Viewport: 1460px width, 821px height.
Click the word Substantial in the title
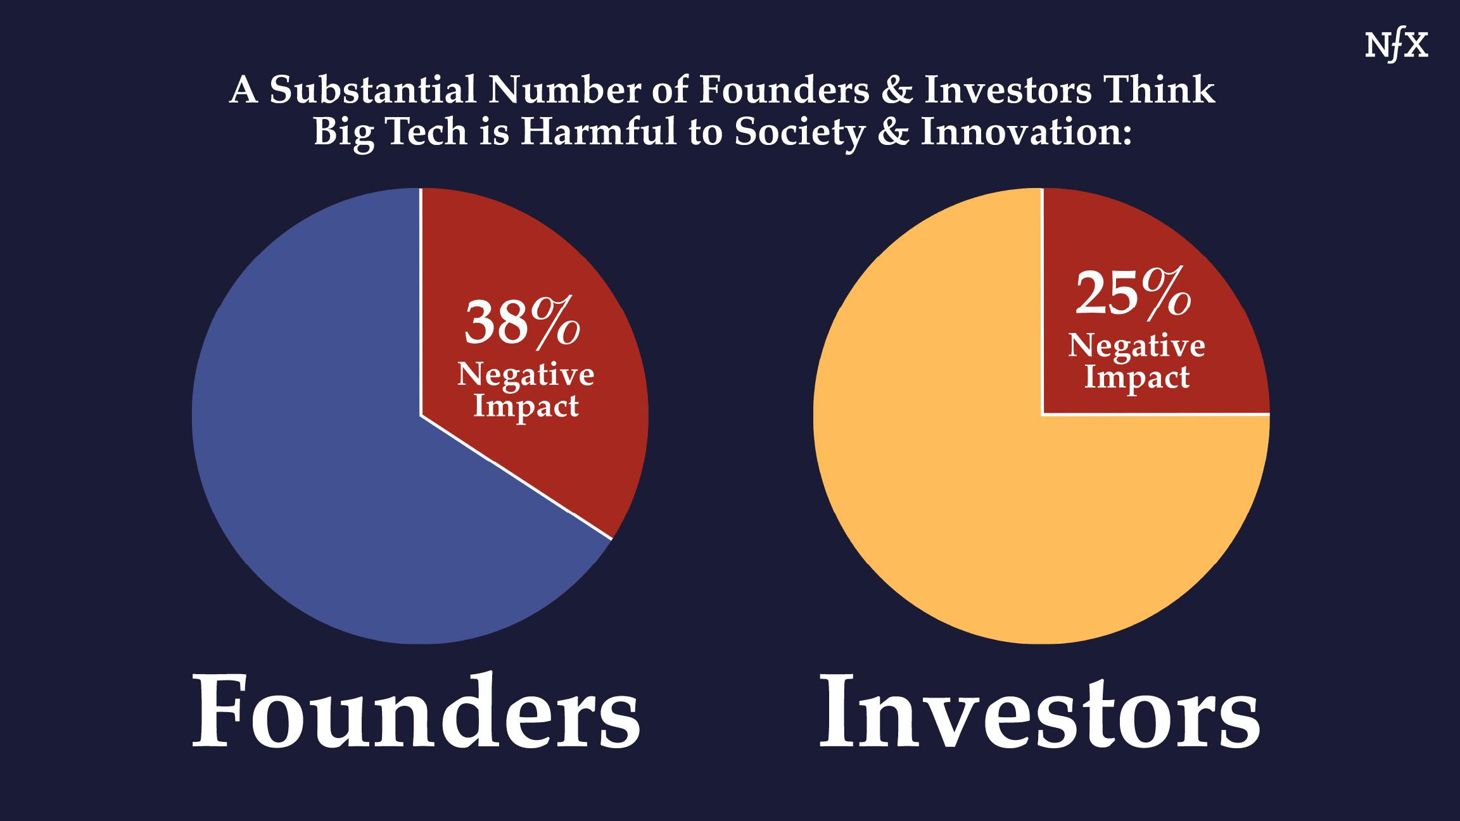click(x=372, y=90)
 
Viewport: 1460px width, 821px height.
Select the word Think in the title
click(x=1160, y=90)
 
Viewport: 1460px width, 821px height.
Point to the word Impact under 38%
click(x=526, y=406)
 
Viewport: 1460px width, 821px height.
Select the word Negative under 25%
click(x=1137, y=345)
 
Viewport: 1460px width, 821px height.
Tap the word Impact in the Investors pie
click(x=1137, y=377)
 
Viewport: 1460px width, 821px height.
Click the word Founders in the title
click(x=784, y=90)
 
